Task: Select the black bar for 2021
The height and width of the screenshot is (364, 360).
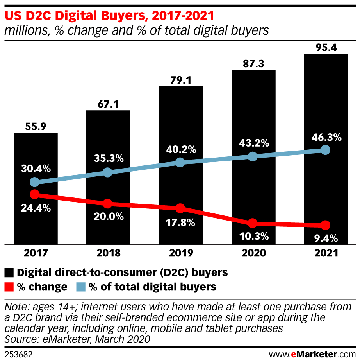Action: point(326,98)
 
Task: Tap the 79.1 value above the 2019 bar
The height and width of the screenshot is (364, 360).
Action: point(180,79)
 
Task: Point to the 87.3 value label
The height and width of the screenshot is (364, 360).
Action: point(253,63)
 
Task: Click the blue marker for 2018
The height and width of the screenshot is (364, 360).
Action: point(108,172)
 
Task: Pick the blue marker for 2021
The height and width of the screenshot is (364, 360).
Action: point(326,150)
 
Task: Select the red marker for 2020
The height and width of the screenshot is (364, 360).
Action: point(253,223)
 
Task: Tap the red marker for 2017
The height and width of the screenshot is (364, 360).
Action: point(35,194)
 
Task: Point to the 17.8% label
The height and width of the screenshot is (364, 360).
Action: point(180,223)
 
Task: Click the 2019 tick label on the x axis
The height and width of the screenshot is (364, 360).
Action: point(180,253)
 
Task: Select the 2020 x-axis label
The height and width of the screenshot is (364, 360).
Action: point(253,253)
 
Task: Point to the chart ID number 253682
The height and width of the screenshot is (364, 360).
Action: point(18,355)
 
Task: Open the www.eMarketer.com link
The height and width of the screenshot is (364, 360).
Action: point(312,355)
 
